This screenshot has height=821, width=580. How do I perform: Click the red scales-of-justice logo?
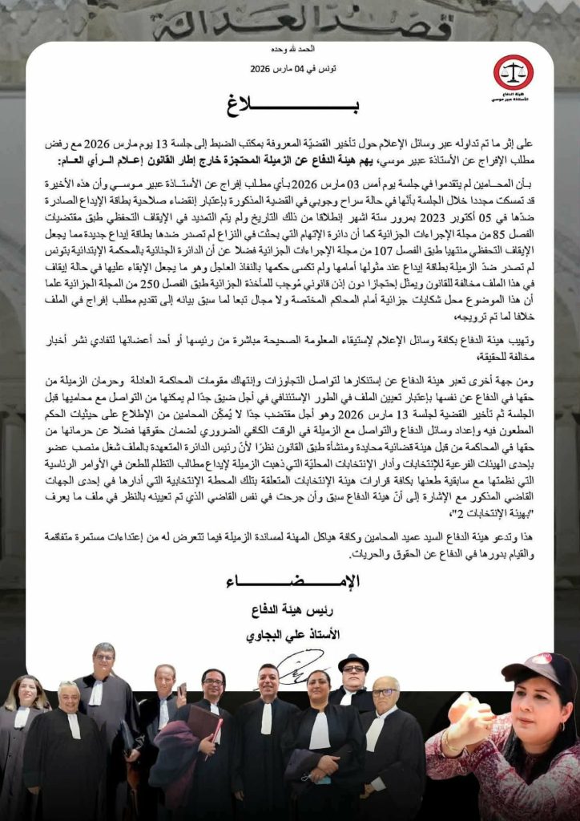[513, 73]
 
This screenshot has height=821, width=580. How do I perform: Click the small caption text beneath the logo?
[512, 101]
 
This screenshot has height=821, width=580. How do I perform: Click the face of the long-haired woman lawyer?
[26, 693]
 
